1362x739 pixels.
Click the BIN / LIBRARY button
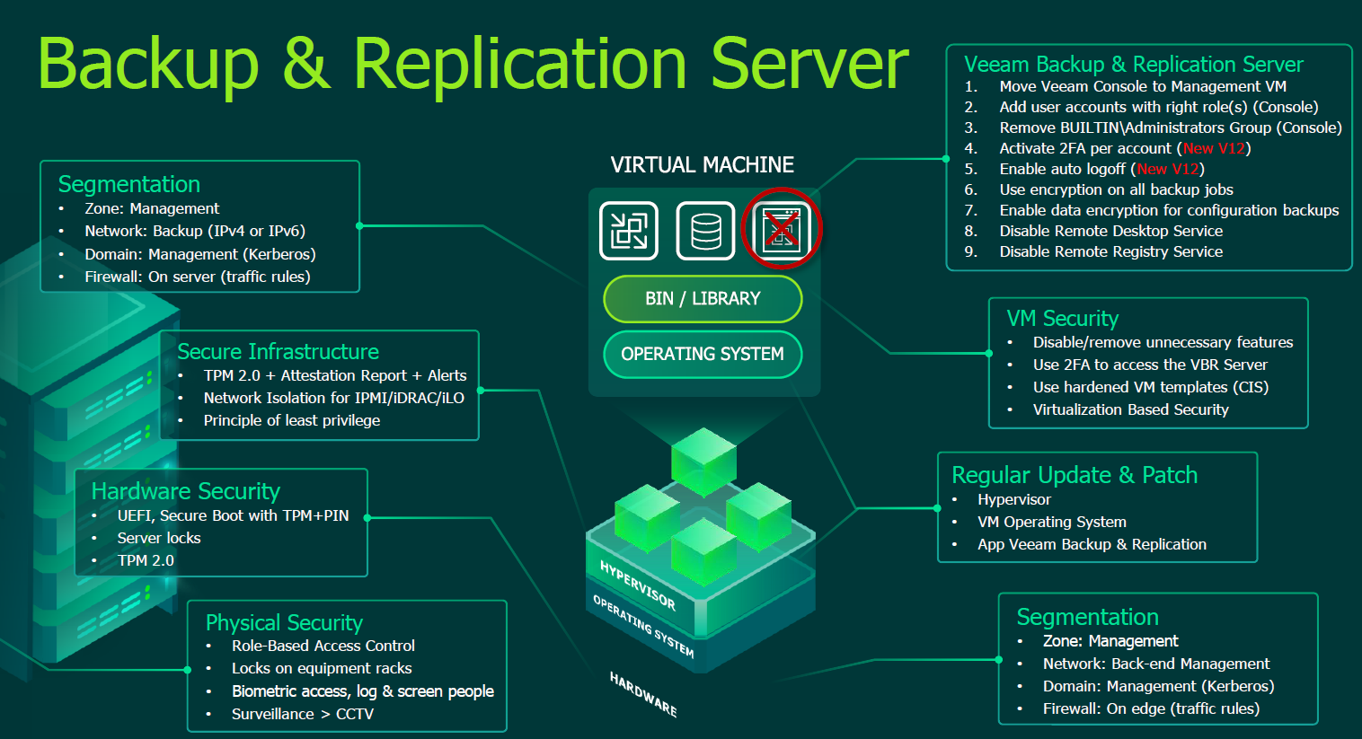pos(703,299)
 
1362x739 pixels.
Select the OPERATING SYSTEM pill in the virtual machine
pos(703,355)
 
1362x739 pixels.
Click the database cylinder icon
pos(705,231)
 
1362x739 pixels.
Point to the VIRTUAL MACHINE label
pos(702,165)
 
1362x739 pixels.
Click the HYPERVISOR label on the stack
pos(638,585)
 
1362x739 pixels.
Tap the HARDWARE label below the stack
pos(643,694)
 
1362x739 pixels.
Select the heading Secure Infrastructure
pos(278,351)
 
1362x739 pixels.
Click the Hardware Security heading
pos(186,491)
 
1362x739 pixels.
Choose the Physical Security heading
pos(284,622)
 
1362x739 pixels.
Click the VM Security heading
pos(1062,319)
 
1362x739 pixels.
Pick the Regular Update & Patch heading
pos(1075,475)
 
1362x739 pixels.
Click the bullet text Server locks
pos(159,538)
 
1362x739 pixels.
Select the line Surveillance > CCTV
pos(302,714)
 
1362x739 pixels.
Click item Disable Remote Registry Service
pos(1110,251)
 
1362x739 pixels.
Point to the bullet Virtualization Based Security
pos(1130,409)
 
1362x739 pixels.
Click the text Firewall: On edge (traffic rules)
pos(1151,708)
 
